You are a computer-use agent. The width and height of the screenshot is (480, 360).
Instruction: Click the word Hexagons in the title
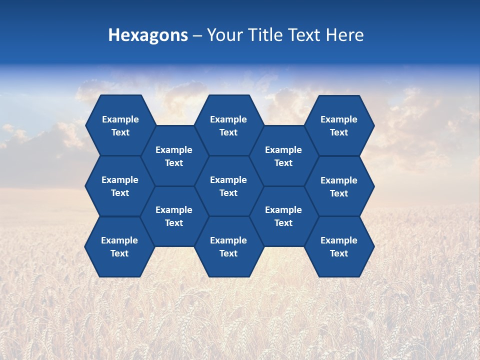coord(148,35)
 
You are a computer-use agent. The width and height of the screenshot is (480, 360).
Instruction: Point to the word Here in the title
coord(344,35)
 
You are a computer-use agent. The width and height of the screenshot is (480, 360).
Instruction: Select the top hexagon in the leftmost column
coord(120,125)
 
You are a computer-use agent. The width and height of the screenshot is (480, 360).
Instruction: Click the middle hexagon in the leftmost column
coord(120,186)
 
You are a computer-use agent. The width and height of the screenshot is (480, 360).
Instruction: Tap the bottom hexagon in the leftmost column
coord(119,246)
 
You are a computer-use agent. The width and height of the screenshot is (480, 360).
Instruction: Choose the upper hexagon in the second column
coord(174,156)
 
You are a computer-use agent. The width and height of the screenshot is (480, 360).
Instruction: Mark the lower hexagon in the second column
coord(174,216)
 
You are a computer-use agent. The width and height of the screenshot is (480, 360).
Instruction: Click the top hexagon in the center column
coord(228,125)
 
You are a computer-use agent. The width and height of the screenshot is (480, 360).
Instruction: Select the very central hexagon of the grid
coord(228,186)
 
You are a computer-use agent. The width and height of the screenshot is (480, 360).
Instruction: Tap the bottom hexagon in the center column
coord(228,246)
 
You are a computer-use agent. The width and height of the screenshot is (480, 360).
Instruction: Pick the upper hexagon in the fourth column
coord(283,156)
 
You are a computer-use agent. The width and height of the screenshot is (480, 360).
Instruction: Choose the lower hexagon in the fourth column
coord(283,216)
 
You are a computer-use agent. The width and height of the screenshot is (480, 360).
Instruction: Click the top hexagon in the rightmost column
coord(339,125)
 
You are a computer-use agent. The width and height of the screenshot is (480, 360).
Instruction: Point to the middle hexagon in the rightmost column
coord(339,186)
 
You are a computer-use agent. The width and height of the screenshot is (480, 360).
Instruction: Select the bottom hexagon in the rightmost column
coord(339,246)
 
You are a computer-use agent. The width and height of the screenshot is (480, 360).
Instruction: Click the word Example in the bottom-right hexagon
coord(339,240)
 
